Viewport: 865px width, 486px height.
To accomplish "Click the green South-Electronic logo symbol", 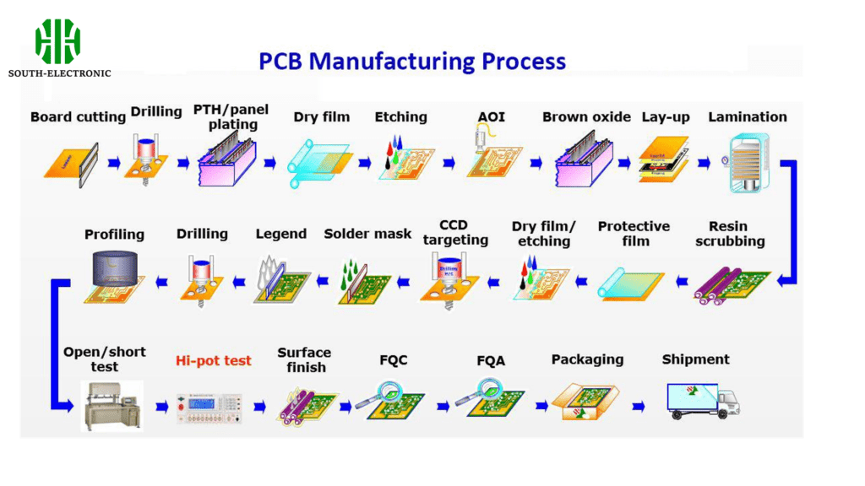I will [x=57, y=40].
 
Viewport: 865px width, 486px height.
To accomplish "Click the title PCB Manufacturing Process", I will [x=411, y=62].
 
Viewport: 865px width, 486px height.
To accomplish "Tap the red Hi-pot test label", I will [x=214, y=360].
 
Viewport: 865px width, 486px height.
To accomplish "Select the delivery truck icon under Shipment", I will [x=703, y=400].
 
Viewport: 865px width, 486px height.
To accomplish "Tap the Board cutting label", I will [x=78, y=117].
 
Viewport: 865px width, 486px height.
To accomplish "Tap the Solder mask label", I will [x=367, y=233].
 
